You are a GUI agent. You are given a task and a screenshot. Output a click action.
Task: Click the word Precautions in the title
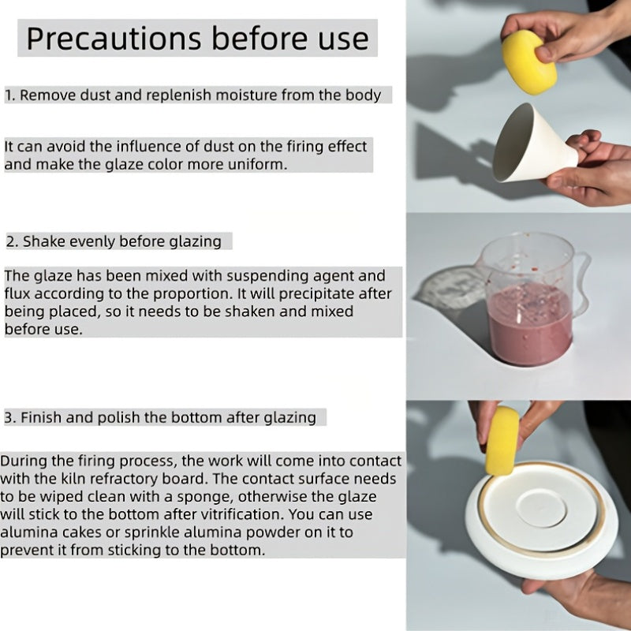pos(114,39)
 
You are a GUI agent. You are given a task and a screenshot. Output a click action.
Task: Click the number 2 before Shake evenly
pos(10,241)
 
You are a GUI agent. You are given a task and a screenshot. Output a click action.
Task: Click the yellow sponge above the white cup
pos(529,62)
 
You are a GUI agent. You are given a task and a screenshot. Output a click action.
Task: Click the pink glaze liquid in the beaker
pos(531,322)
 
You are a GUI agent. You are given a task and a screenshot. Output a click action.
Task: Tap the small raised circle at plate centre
pos(542,508)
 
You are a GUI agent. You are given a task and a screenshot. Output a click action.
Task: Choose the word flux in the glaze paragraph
pos(17,293)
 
